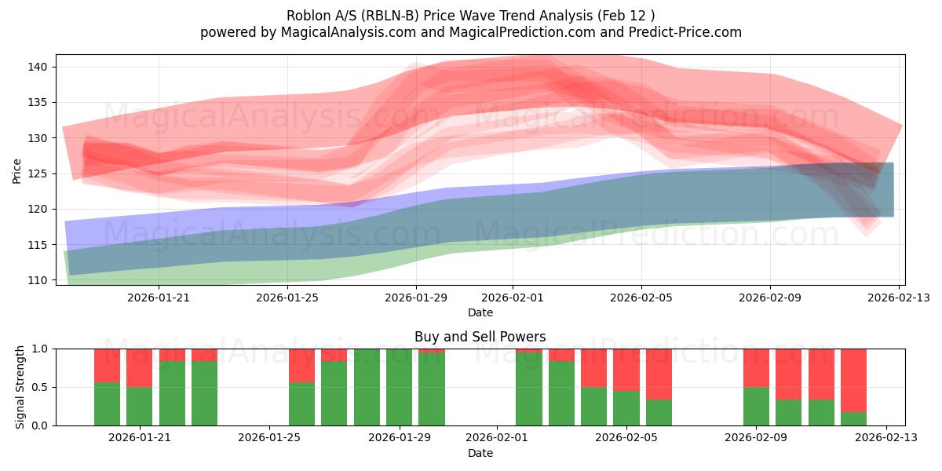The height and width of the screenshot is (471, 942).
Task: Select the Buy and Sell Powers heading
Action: click(480, 337)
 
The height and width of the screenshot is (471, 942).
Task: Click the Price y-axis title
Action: click(16, 170)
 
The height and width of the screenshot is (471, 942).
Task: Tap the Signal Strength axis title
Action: click(20, 387)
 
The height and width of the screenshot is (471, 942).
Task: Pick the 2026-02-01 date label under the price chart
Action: click(513, 298)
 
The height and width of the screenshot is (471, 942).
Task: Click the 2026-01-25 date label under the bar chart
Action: click(269, 437)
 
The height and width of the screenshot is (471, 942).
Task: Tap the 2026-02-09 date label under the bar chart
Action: click(756, 437)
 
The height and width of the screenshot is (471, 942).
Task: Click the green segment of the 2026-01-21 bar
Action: click(139, 407)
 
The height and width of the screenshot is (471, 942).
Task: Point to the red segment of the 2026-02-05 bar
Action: click(626, 370)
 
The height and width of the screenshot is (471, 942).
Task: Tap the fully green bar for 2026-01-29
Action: click(399, 387)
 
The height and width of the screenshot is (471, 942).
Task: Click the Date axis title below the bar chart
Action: click(480, 453)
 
